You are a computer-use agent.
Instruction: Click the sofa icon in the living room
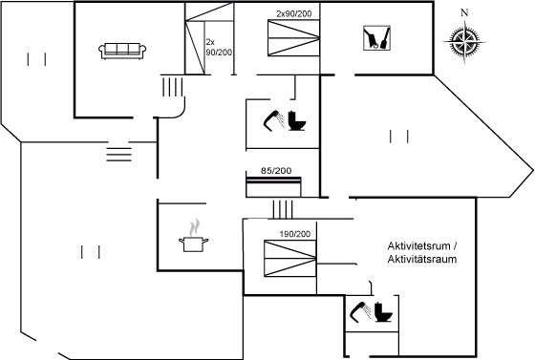tap(122, 52)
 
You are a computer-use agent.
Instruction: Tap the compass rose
tap(464, 42)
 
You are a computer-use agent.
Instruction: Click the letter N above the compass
tap(464, 12)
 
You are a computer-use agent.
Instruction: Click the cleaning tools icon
tap(376, 38)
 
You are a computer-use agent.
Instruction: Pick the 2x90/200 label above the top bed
tap(294, 14)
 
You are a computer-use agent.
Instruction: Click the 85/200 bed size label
tap(276, 171)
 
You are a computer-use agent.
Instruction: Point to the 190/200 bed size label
tap(295, 234)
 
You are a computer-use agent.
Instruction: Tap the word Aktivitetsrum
tap(419, 245)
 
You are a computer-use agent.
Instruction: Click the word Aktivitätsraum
tap(422, 259)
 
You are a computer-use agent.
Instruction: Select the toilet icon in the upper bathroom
tap(297, 120)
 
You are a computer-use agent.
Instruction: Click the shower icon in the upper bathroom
tap(274, 120)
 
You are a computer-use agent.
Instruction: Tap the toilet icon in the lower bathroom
tap(383, 312)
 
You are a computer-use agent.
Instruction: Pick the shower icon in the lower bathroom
tap(361, 312)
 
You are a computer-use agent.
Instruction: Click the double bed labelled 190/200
tap(290, 259)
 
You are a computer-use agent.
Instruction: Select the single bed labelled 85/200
tap(273, 187)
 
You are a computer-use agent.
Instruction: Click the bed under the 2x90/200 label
tap(294, 38)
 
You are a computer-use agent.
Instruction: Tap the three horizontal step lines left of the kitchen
tap(118, 155)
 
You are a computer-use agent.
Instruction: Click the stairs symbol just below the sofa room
tap(172, 87)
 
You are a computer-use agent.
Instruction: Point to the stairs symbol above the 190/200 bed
tap(283, 209)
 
